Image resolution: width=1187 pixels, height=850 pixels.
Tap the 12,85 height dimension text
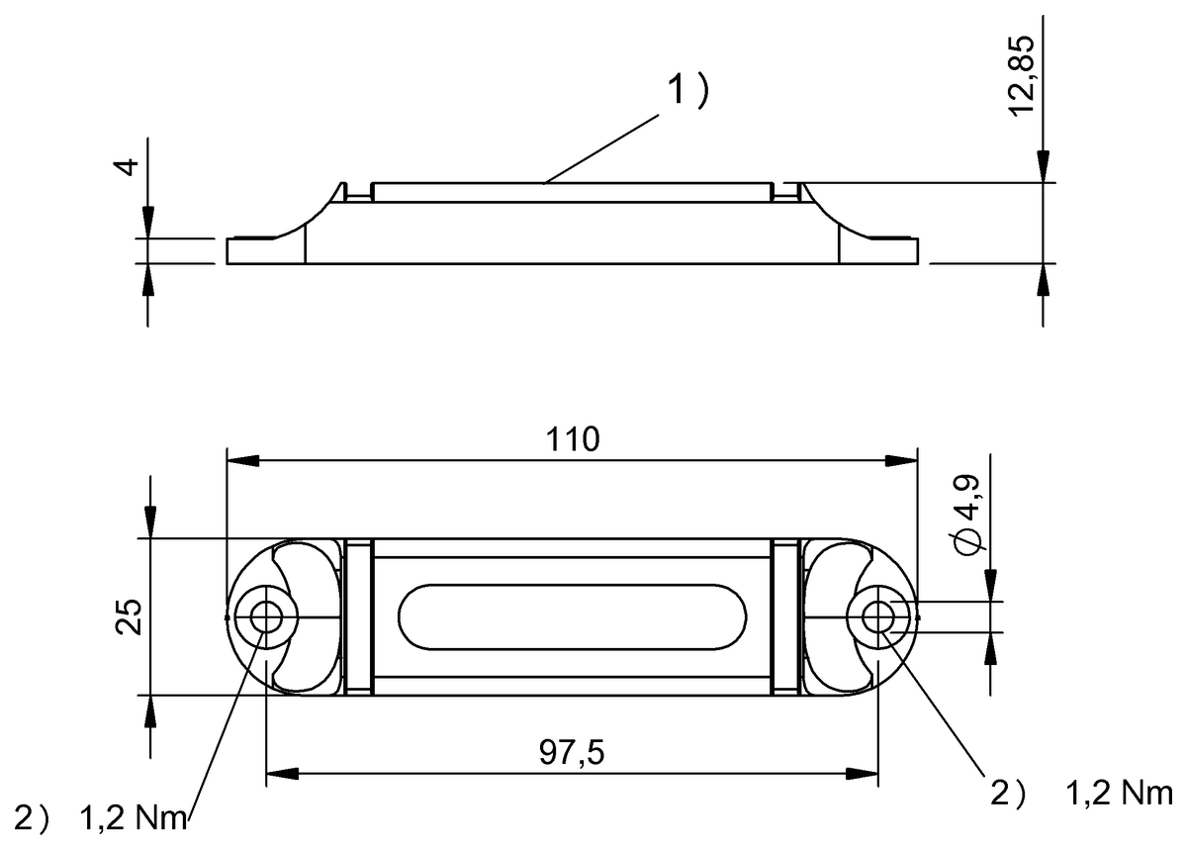pos(1023,76)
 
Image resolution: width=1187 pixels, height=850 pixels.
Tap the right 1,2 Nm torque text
pos(1120,793)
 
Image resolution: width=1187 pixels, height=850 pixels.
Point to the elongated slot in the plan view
pos(573,617)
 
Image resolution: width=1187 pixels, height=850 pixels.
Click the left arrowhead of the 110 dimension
pos(242,460)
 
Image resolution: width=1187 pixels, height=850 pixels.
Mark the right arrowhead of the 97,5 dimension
pos(863,772)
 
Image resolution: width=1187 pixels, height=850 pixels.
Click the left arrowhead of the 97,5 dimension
pos(282,772)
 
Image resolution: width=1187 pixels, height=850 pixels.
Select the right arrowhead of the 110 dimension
pos(901,460)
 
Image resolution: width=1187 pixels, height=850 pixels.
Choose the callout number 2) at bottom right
pos(1010,793)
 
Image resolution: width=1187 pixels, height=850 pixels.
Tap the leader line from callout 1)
pos(603,148)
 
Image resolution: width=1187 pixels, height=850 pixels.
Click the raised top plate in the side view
pos(571,192)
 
